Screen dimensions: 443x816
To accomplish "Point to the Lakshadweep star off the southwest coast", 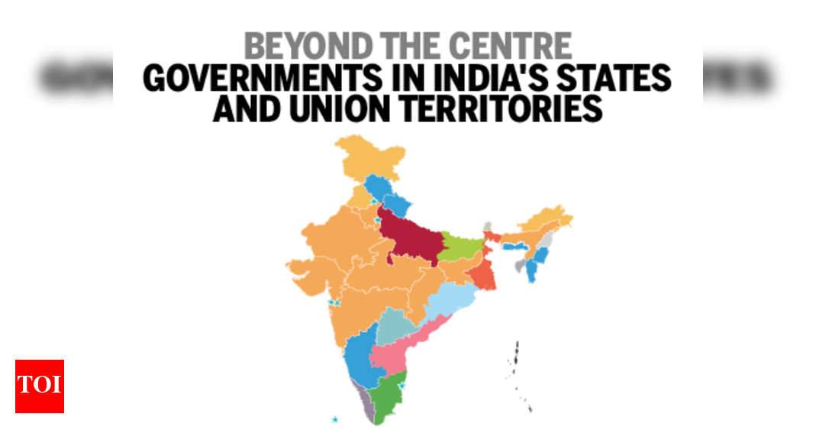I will (x=334, y=419).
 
